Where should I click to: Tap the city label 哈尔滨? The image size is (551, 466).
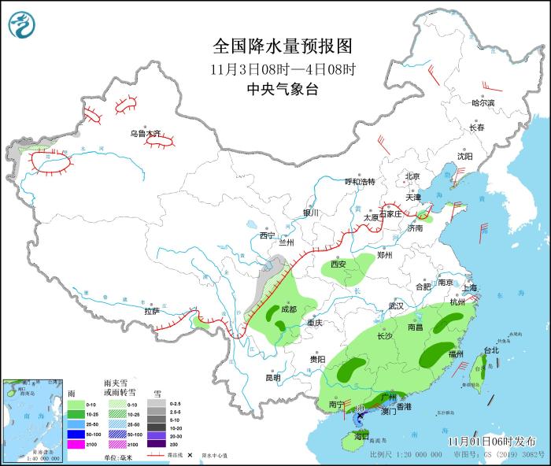483,103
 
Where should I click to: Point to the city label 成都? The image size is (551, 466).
287,309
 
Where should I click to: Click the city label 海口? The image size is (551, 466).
361,435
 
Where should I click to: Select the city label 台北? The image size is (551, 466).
490,349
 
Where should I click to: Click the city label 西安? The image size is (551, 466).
338,264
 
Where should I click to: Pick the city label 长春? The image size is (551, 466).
477,128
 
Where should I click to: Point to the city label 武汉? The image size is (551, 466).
395,305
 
